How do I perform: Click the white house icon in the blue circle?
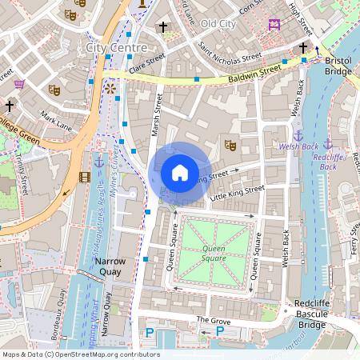point(180,172)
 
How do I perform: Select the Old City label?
point(218,24)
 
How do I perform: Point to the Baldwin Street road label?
point(254,72)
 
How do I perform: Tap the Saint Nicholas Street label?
point(230,52)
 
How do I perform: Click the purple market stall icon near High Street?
point(274,24)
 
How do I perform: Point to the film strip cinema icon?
point(85,177)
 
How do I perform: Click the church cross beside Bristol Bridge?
point(303,49)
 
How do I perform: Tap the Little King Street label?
point(236,191)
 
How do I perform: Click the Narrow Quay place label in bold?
point(111,266)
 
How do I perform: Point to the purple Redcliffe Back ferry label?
point(328,162)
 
